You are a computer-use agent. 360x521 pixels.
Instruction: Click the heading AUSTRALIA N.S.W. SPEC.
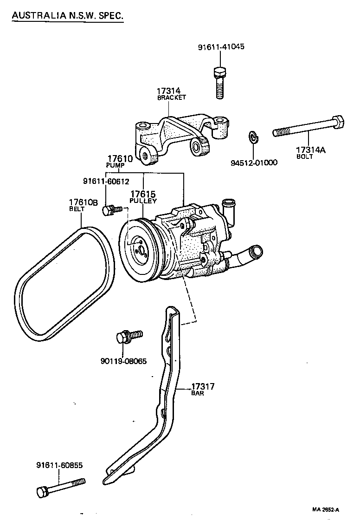pyautogui.click(x=67, y=16)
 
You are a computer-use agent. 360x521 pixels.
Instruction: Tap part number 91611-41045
pyautogui.click(x=221, y=47)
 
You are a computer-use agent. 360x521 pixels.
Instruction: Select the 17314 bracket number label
pyautogui.click(x=168, y=91)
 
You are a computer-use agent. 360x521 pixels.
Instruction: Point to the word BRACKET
pyautogui.click(x=171, y=98)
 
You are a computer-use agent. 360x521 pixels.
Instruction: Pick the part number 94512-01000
pyautogui.click(x=254, y=163)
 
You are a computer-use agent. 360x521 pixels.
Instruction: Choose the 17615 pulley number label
pyautogui.click(x=142, y=194)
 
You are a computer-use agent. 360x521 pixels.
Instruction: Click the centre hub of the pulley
pyautogui.click(x=138, y=246)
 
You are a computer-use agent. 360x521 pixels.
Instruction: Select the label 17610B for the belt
pyautogui.click(x=83, y=202)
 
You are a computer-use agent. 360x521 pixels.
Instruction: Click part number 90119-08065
pyautogui.click(x=123, y=361)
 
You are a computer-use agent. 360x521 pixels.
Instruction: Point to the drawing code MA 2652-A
pyautogui.click(x=325, y=510)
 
